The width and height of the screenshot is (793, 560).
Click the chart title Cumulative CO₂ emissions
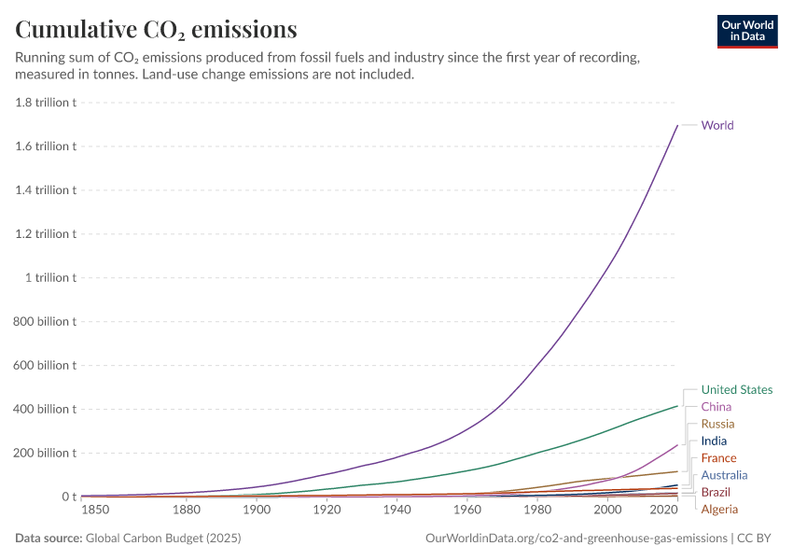(x=157, y=30)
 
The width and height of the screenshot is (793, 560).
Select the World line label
(x=716, y=125)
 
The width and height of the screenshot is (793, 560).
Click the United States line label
(x=736, y=390)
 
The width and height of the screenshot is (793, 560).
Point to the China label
(x=716, y=407)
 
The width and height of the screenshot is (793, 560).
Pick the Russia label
(x=717, y=424)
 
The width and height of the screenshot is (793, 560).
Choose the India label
(x=714, y=441)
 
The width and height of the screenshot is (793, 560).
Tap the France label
(x=718, y=458)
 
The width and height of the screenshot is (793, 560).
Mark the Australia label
(x=724, y=475)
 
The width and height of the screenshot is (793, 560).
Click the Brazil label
(x=716, y=492)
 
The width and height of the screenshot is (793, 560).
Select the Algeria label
(x=719, y=510)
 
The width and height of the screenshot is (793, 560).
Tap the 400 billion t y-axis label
(x=45, y=409)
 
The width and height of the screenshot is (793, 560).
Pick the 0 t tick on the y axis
(x=69, y=497)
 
